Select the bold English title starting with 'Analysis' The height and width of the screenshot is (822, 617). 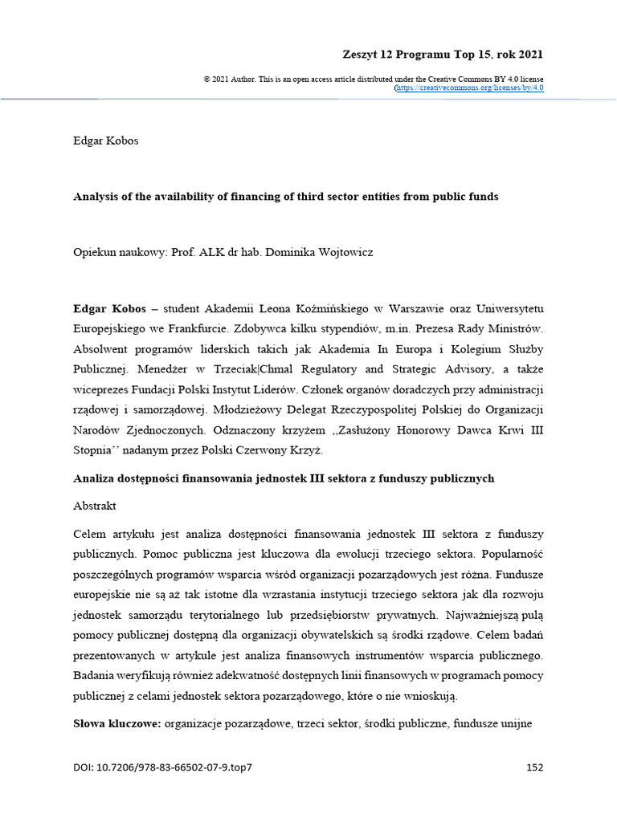click(x=286, y=197)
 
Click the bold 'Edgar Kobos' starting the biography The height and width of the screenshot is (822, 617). click(x=109, y=308)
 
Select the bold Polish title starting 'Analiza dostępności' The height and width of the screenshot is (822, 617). click(x=283, y=478)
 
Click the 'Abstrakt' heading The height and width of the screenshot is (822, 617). click(x=94, y=507)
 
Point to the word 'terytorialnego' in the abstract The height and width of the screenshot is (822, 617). click(x=243, y=616)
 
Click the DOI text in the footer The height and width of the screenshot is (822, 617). click(x=163, y=767)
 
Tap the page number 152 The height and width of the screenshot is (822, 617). click(x=534, y=767)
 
